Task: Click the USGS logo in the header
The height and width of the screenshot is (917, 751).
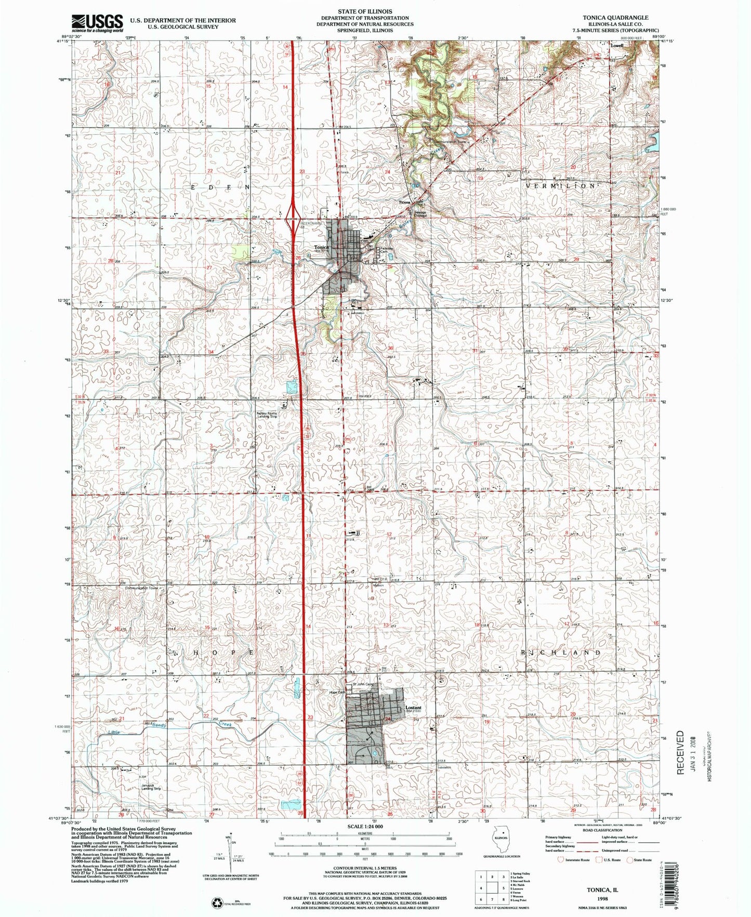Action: pos(97,22)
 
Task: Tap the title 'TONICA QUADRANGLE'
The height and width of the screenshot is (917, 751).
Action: pos(616,17)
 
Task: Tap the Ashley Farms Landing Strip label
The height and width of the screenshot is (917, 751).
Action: pos(267,415)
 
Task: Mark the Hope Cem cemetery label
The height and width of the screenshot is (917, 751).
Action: pos(338,692)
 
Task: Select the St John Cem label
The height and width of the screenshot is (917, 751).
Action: pos(363,684)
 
